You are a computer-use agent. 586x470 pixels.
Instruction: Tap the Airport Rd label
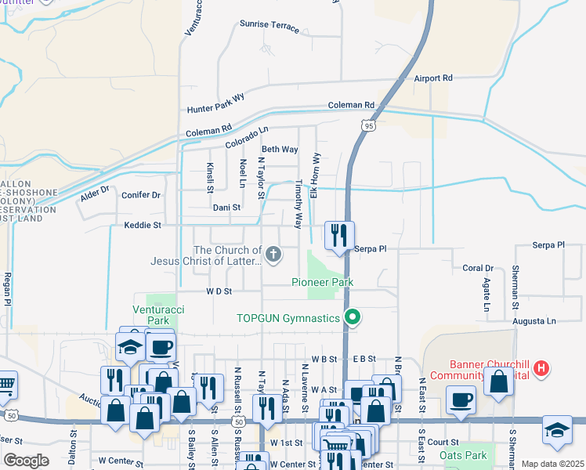tap(434, 78)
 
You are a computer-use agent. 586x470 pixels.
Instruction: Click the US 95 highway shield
tap(367, 125)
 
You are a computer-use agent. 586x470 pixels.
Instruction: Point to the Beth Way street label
tap(280, 149)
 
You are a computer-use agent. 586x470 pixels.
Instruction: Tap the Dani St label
tap(226, 208)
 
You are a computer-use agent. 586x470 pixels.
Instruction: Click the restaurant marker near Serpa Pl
tap(339, 235)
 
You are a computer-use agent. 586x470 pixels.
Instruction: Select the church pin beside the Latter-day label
tap(273, 253)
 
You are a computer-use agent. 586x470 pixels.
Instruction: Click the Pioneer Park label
tap(323, 282)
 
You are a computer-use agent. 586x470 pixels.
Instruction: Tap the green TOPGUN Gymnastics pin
tap(353, 317)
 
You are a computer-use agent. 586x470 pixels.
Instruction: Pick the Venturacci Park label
tap(159, 315)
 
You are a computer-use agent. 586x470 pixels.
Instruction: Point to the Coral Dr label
tap(477, 268)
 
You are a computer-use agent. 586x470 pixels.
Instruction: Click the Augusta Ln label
tap(534, 321)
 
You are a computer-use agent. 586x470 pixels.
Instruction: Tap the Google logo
tap(26, 461)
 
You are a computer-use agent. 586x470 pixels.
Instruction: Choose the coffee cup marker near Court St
tap(461, 400)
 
